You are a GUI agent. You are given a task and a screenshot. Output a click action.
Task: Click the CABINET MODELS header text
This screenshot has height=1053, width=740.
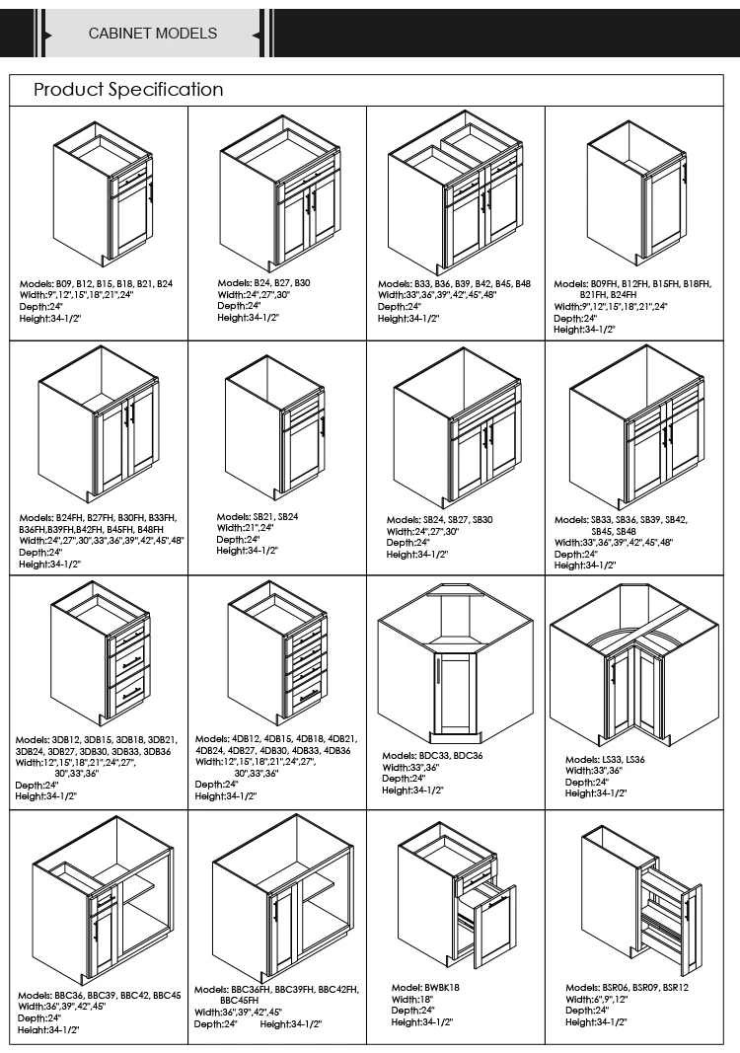coord(153,34)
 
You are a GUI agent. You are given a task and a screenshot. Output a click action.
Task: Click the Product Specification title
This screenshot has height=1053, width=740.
coord(128,90)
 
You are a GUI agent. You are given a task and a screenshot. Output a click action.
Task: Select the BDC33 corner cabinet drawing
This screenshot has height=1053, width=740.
coord(455,662)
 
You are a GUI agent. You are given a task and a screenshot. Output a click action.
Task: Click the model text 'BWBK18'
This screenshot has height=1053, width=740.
coord(435,987)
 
